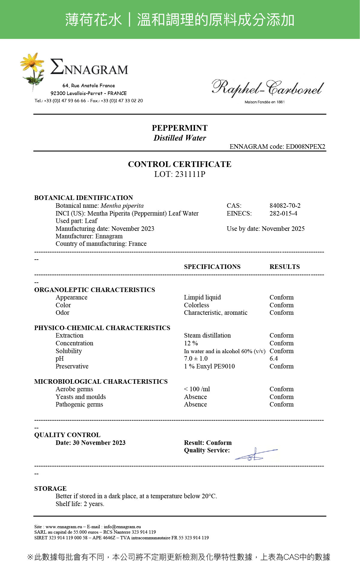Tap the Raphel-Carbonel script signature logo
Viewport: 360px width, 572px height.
tap(267, 88)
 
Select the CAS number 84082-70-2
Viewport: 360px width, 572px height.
tap(285, 206)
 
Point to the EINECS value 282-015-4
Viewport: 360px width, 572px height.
tap(283, 213)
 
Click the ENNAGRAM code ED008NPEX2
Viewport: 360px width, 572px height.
tap(305, 147)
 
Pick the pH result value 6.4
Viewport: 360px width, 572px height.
tap(274, 359)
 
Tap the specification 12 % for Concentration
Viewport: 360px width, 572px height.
tap(191, 343)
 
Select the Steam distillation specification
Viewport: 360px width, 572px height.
tap(207, 335)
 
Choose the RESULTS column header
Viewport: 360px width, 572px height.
tap(284, 267)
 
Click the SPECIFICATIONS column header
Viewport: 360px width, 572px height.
tap(212, 267)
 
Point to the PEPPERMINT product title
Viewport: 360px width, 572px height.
tap(180, 128)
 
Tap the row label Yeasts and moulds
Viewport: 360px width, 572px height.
tap(81, 397)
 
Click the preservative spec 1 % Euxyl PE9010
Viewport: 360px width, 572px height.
tap(209, 366)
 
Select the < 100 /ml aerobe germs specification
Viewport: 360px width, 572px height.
tap(197, 389)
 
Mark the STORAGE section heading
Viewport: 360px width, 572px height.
tap(50, 488)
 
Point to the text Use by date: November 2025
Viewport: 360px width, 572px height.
tap(266, 229)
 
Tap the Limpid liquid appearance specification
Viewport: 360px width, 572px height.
tap(202, 297)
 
